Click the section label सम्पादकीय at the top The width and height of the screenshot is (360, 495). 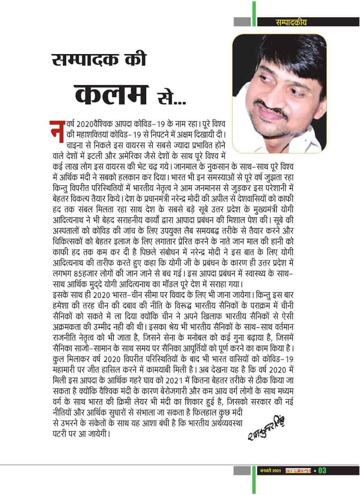(x=291, y=22)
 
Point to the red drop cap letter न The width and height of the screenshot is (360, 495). (x=57, y=132)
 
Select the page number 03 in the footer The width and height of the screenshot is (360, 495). (x=322, y=471)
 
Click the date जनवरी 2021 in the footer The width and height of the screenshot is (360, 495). (x=270, y=471)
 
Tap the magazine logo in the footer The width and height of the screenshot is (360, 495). (x=298, y=471)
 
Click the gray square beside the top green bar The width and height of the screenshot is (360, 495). (x=242, y=22)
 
